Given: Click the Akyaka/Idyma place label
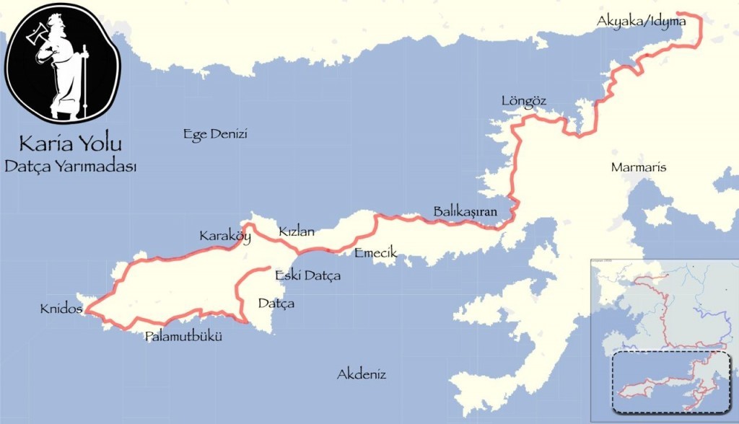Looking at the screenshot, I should point(641,22).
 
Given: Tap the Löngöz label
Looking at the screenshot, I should point(523,101).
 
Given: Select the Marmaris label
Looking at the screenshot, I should point(638,167).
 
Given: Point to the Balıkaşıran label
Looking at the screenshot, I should point(466,211).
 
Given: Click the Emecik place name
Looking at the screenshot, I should point(376,253).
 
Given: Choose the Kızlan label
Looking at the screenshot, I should point(297,231).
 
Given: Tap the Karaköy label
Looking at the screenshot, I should point(224,236).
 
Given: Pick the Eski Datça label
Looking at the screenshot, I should point(307,275).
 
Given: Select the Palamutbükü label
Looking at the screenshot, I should point(183,336).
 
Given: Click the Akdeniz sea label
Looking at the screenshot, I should point(362,374).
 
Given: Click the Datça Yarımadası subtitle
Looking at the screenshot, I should point(70,165).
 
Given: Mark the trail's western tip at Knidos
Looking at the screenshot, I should point(85,311).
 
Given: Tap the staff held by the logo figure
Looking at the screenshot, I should point(84,79).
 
